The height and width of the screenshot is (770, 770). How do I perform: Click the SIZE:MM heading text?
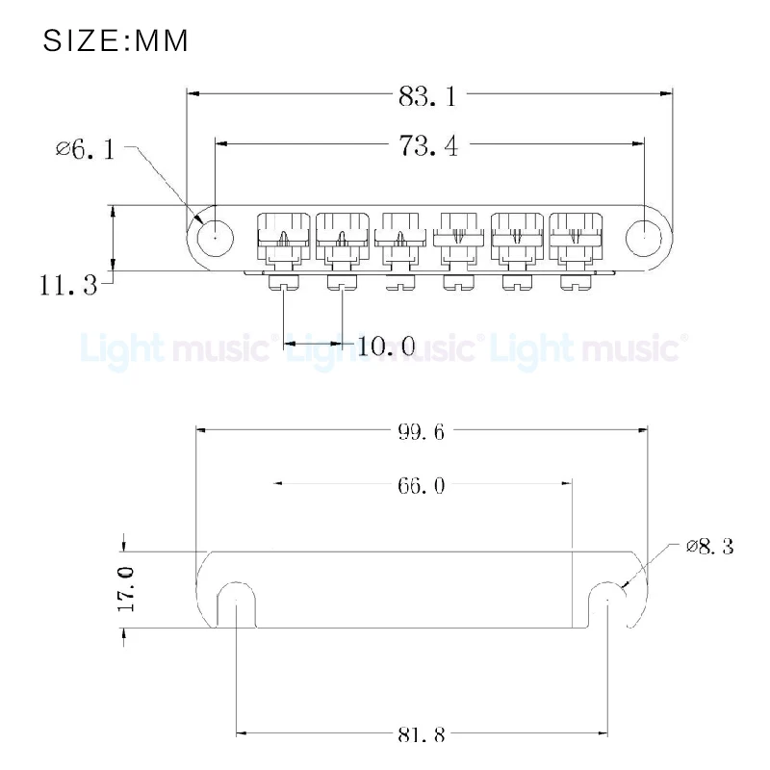tap(115, 40)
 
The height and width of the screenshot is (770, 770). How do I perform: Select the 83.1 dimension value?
tap(427, 95)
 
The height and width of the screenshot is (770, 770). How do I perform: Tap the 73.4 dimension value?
tap(428, 146)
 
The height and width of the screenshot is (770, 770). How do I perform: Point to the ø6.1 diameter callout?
tap(86, 148)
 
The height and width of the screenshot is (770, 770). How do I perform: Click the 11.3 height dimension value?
tap(68, 284)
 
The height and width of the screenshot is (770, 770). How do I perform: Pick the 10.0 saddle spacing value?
tap(387, 346)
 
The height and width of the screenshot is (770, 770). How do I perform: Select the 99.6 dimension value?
tap(421, 432)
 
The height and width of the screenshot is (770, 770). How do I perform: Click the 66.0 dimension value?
tap(421, 485)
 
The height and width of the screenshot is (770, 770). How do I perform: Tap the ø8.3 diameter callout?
tap(710, 546)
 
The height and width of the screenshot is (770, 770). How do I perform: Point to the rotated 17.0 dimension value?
tap(126, 589)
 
